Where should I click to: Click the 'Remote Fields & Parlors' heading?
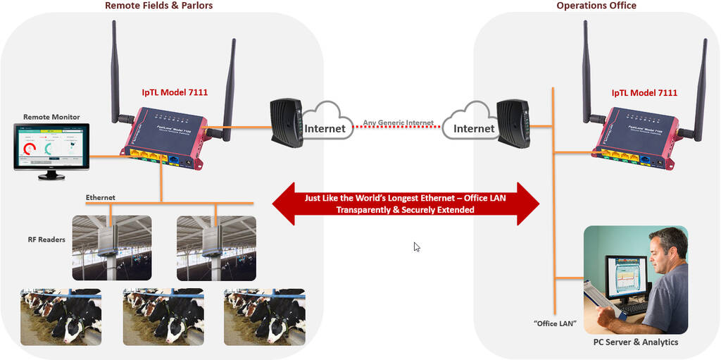[158, 6]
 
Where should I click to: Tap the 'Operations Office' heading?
[596, 6]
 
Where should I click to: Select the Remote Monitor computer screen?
[51, 146]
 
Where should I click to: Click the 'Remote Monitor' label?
[51, 117]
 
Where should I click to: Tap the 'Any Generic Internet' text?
[399, 122]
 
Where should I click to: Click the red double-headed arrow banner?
[405, 204]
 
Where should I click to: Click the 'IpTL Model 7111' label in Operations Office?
[644, 92]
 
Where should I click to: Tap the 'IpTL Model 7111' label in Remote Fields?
[174, 92]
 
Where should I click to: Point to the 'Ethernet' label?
[100, 198]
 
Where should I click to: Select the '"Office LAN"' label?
[554, 323]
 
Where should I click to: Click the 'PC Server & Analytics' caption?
[635, 342]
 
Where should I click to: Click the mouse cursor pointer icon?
[417, 247]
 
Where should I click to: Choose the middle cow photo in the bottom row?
[163, 316]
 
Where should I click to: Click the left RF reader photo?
[111, 247]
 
